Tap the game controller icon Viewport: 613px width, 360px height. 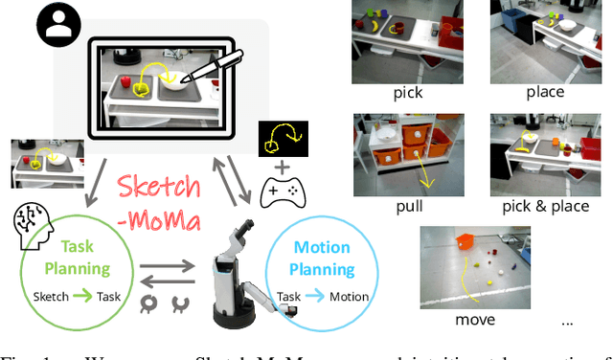pos(282,194)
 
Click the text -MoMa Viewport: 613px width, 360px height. pos(162,223)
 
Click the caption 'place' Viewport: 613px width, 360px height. pos(544,93)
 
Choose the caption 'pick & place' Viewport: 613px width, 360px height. pos(543,205)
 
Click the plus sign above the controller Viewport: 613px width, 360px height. pos(282,168)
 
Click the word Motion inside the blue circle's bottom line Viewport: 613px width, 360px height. pos(349,297)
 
